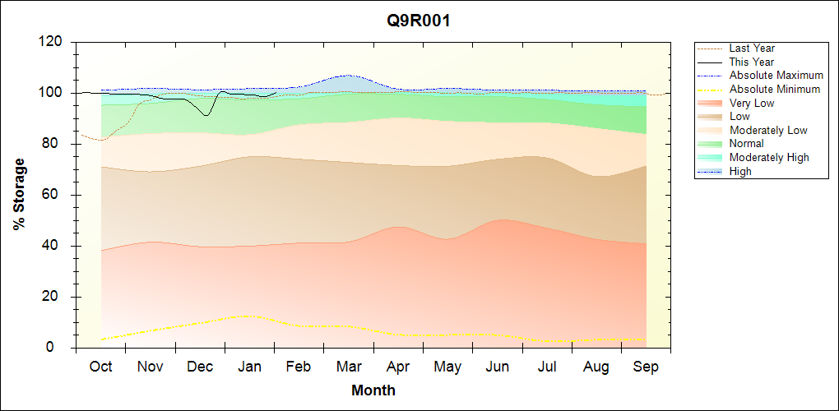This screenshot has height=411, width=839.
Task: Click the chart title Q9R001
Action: click(419, 21)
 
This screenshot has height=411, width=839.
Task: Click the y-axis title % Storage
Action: click(20, 194)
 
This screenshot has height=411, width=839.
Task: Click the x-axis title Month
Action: click(373, 390)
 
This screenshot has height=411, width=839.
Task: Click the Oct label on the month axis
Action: click(100, 367)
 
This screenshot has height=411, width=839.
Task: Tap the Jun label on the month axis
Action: click(498, 367)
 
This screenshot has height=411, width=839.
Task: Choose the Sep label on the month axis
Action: click(646, 367)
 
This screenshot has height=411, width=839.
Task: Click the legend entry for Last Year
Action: click(751, 48)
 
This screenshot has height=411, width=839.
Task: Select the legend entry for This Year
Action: click(751, 62)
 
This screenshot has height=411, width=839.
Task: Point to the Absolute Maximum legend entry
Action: click(776, 76)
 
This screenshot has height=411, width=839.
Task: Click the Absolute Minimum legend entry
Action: click(774, 89)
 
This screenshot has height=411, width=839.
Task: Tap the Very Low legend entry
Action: click(751, 103)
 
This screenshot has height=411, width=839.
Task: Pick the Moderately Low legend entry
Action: click(767, 130)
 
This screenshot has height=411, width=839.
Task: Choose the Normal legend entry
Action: click(746, 144)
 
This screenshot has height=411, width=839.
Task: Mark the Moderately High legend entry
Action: click(768, 157)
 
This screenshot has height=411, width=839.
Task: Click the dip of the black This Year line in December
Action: click(206, 115)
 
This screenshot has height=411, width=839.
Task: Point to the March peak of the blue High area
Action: click(348, 76)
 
